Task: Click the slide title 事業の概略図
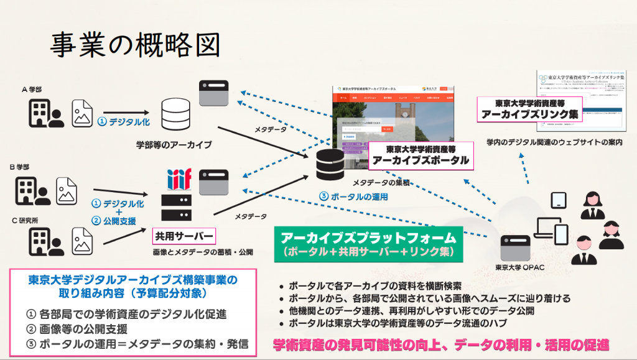coord(134,44)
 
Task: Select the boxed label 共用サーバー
coord(184,237)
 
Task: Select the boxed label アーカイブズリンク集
coord(529,109)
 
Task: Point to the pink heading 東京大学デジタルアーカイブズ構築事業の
coord(133,280)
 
